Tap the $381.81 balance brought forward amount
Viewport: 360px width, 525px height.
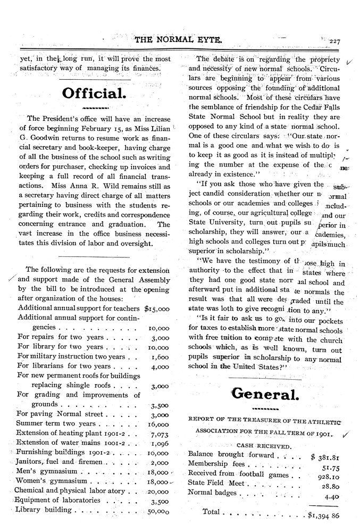point(325,455)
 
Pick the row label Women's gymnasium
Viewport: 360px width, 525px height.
point(51,481)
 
